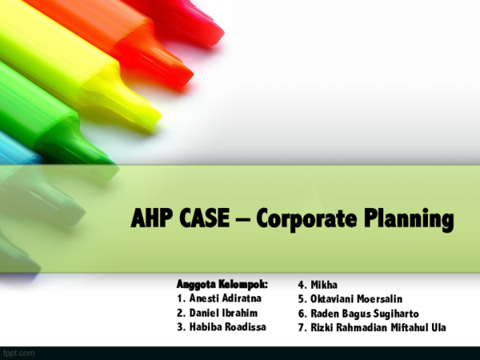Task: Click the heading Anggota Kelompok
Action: coord(222,284)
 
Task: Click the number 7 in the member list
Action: coord(301,327)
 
